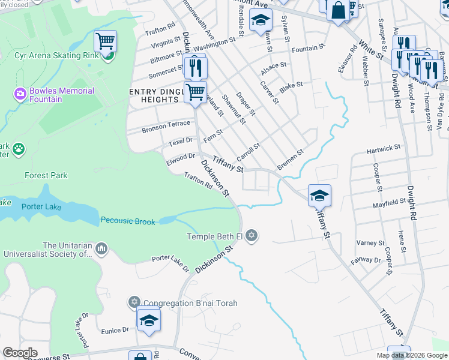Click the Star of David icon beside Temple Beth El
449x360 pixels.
click(252, 236)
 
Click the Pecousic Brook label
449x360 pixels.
click(127, 221)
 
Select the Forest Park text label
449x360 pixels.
click(46, 176)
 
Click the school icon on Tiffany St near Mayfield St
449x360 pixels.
click(319, 194)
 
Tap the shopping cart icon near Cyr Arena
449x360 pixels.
click(105, 41)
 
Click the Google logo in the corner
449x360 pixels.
click(20, 353)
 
